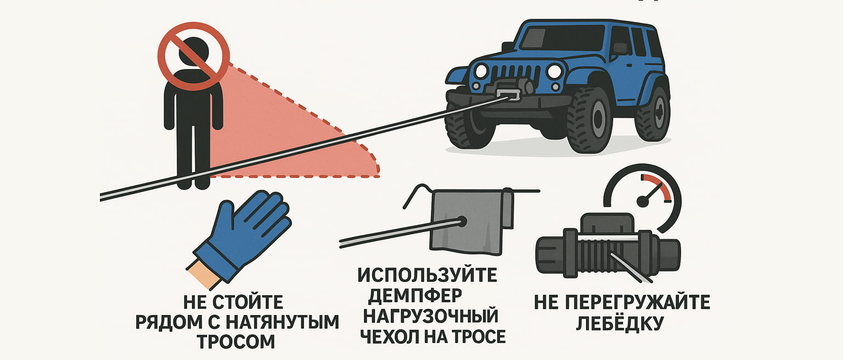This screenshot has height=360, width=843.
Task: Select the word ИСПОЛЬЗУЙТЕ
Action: (x=427, y=275)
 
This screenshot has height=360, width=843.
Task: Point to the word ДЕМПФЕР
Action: (x=415, y=296)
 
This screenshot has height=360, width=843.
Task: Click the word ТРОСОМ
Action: (x=236, y=341)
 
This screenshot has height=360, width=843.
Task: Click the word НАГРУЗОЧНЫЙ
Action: (x=430, y=316)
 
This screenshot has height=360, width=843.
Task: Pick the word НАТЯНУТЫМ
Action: (x=282, y=322)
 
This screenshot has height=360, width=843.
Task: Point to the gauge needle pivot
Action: (x=643, y=202)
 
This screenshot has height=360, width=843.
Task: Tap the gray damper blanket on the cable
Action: (x=470, y=222)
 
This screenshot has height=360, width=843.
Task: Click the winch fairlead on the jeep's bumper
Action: (x=508, y=95)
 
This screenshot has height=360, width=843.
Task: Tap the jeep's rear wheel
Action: (x=653, y=113)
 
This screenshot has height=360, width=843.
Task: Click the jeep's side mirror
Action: (x=619, y=48)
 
